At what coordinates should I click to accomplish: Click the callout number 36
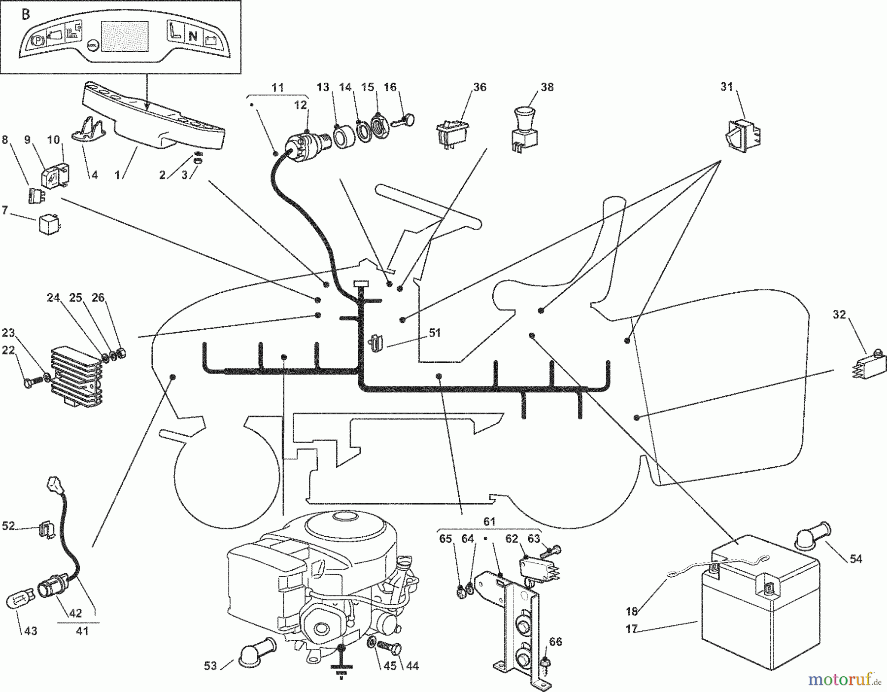[479, 87]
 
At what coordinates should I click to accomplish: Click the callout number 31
[727, 87]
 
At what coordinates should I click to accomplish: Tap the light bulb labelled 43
[19, 603]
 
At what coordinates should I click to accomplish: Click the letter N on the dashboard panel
[193, 36]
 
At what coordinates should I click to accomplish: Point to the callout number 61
[489, 521]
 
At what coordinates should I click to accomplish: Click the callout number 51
[434, 333]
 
